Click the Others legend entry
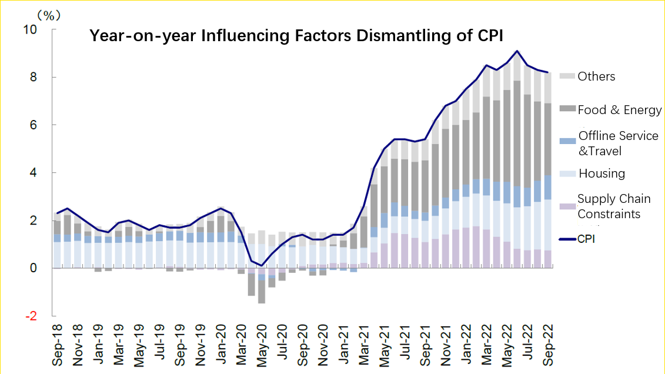click(x=596, y=76)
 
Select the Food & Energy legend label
click(x=620, y=110)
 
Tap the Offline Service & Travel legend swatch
click(x=567, y=141)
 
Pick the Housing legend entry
click(x=601, y=173)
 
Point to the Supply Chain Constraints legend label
click(x=614, y=206)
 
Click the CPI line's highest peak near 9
click(x=516, y=51)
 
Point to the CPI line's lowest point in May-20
click(x=262, y=265)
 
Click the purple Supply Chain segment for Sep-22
click(x=547, y=259)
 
